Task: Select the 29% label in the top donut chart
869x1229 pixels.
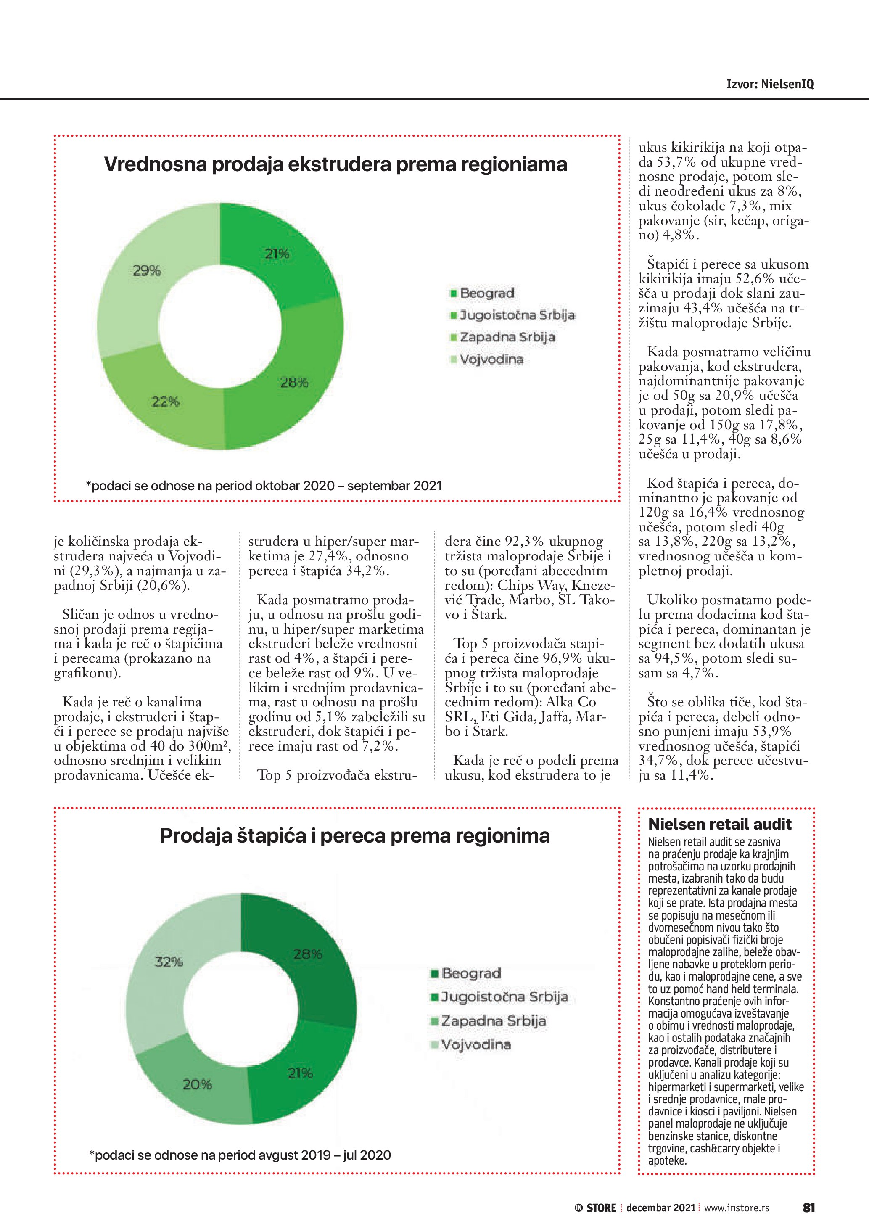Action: [x=147, y=271]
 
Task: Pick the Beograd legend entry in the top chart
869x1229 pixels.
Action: [x=486, y=293]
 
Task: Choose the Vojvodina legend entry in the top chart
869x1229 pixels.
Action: [x=491, y=359]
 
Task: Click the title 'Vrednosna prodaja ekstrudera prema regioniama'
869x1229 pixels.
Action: [x=335, y=164]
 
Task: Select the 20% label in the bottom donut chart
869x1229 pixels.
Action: [x=198, y=1084]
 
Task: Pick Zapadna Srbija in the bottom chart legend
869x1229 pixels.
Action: [x=493, y=1021]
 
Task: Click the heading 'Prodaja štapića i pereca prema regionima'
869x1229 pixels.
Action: [x=355, y=835]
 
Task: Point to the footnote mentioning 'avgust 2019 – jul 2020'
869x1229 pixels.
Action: [x=240, y=1155]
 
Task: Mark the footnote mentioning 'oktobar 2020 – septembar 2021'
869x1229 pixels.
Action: [x=264, y=486]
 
